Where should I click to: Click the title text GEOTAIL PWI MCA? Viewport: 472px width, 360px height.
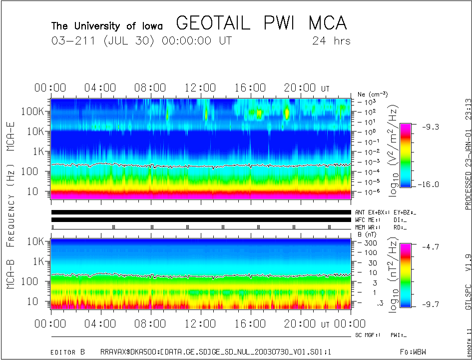pos(261,23)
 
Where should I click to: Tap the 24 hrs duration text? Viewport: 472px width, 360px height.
pos(331,41)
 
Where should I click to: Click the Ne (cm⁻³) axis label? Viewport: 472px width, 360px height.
pos(372,94)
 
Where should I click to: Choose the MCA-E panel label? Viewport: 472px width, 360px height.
pos(10,133)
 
